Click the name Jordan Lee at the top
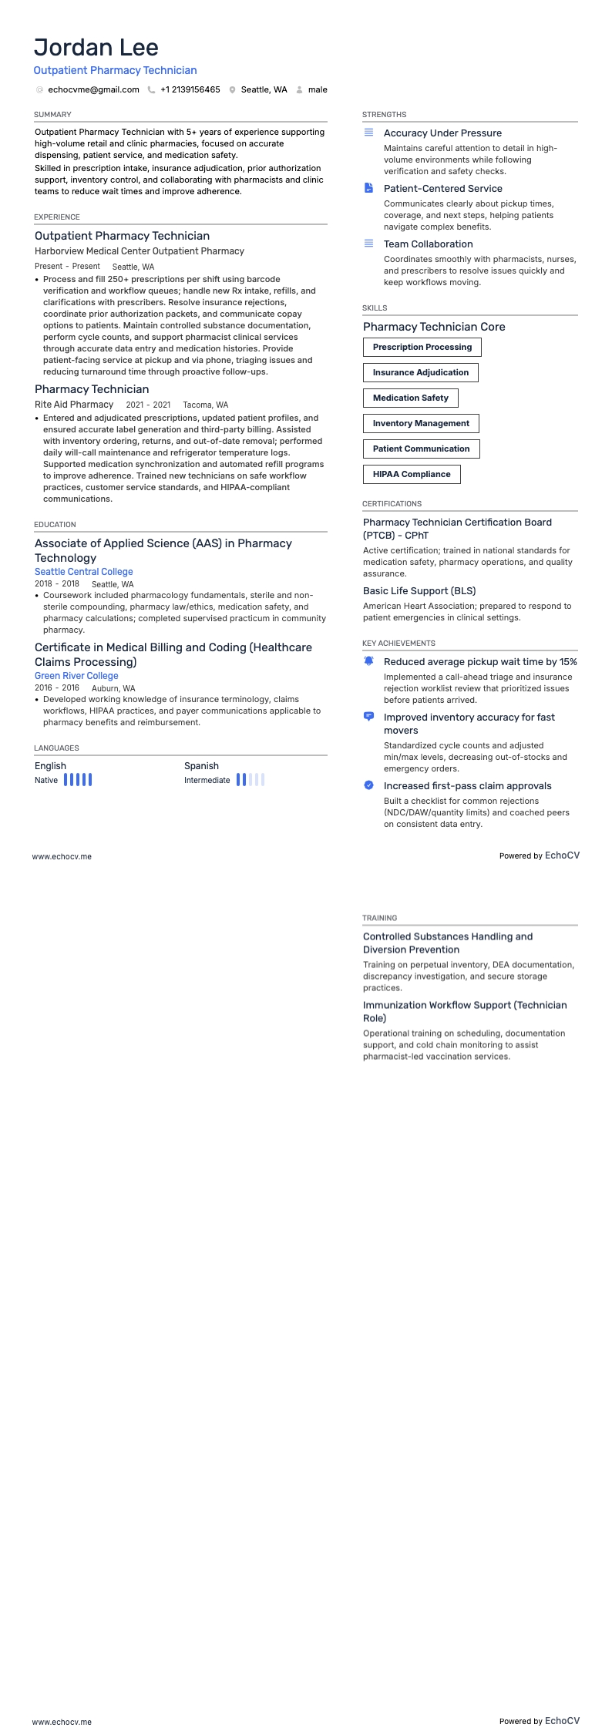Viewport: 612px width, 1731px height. click(96, 48)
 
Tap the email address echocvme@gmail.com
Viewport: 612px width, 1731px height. click(93, 90)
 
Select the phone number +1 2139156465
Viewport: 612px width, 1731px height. click(190, 90)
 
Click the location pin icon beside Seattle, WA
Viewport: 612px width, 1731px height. click(232, 90)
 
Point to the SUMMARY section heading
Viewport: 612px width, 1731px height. click(52, 115)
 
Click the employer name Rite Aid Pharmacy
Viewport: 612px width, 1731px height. click(74, 405)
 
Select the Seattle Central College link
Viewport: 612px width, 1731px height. click(84, 572)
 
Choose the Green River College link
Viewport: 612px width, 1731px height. click(76, 676)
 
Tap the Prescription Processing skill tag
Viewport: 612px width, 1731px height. click(422, 348)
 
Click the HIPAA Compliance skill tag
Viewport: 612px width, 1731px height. click(412, 475)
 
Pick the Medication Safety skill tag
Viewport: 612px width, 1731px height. click(410, 398)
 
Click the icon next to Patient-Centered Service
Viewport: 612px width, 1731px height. click(368, 188)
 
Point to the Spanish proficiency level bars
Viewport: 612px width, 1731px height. click(250, 780)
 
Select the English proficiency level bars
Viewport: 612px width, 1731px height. click(78, 780)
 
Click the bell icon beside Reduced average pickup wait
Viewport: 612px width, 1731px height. click(368, 661)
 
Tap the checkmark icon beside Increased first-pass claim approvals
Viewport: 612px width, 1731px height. click(368, 785)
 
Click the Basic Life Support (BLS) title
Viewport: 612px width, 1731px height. click(419, 591)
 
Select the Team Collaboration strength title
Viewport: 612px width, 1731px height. click(428, 244)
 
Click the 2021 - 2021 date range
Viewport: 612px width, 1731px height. click(148, 405)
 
